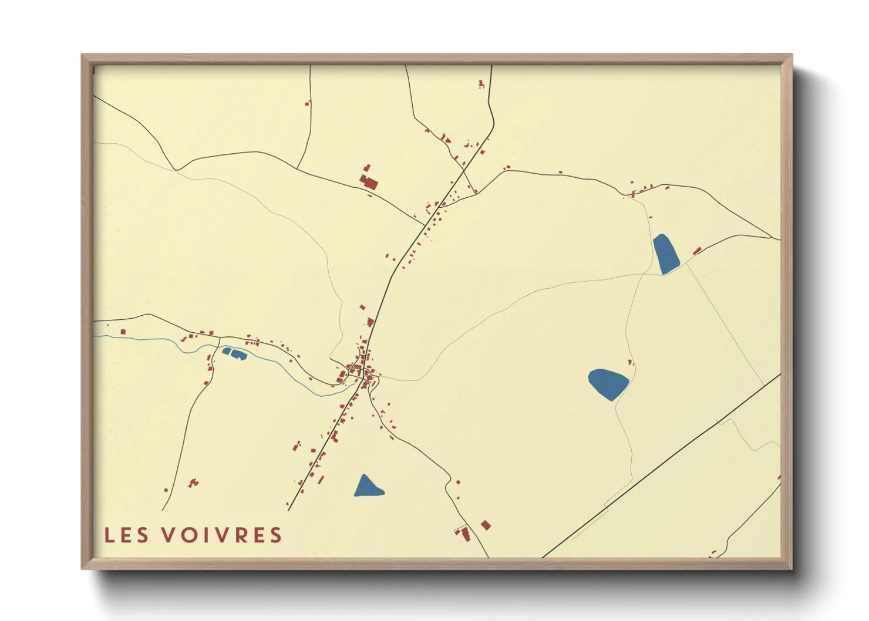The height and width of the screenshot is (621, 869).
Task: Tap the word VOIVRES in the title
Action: pos(223,535)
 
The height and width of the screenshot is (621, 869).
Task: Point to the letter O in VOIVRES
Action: pos(188,535)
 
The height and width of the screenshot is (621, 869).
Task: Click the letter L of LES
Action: pos(109,535)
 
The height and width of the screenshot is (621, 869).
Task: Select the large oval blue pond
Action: pos(608,383)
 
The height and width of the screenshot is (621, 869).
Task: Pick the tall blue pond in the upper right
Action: pos(666,254)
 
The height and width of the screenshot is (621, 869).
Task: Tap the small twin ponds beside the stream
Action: pos(234,353)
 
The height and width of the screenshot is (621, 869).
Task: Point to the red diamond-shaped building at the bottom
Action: pos(486,525)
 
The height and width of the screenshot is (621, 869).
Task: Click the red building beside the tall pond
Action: pos(697,251)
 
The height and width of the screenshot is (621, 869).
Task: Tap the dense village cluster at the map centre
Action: pos(359,371)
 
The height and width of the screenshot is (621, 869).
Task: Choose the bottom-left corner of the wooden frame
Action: pos(83,568)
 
